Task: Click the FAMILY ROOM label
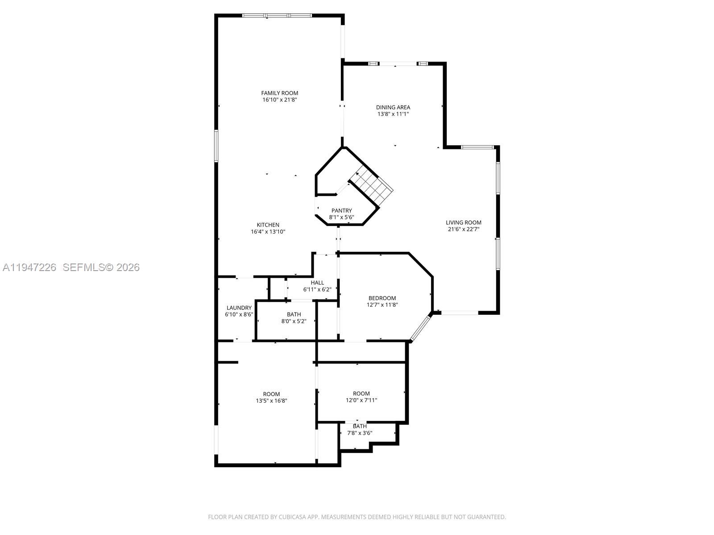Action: coord(279,93)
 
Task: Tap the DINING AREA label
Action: coord(393,107)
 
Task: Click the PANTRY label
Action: coord(341,210)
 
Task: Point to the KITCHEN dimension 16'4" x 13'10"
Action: coord(268,232)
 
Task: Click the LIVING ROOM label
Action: coord(463,222)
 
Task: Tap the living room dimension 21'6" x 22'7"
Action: coord(463,230)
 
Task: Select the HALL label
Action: coord(317,283)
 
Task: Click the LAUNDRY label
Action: coord(239,308)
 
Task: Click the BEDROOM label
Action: coord(382,298)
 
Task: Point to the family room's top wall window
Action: coord(277,16)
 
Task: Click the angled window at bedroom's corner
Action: coord(421,327)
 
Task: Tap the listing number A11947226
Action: coord(29,267)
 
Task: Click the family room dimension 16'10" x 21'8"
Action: coord(279,100)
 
